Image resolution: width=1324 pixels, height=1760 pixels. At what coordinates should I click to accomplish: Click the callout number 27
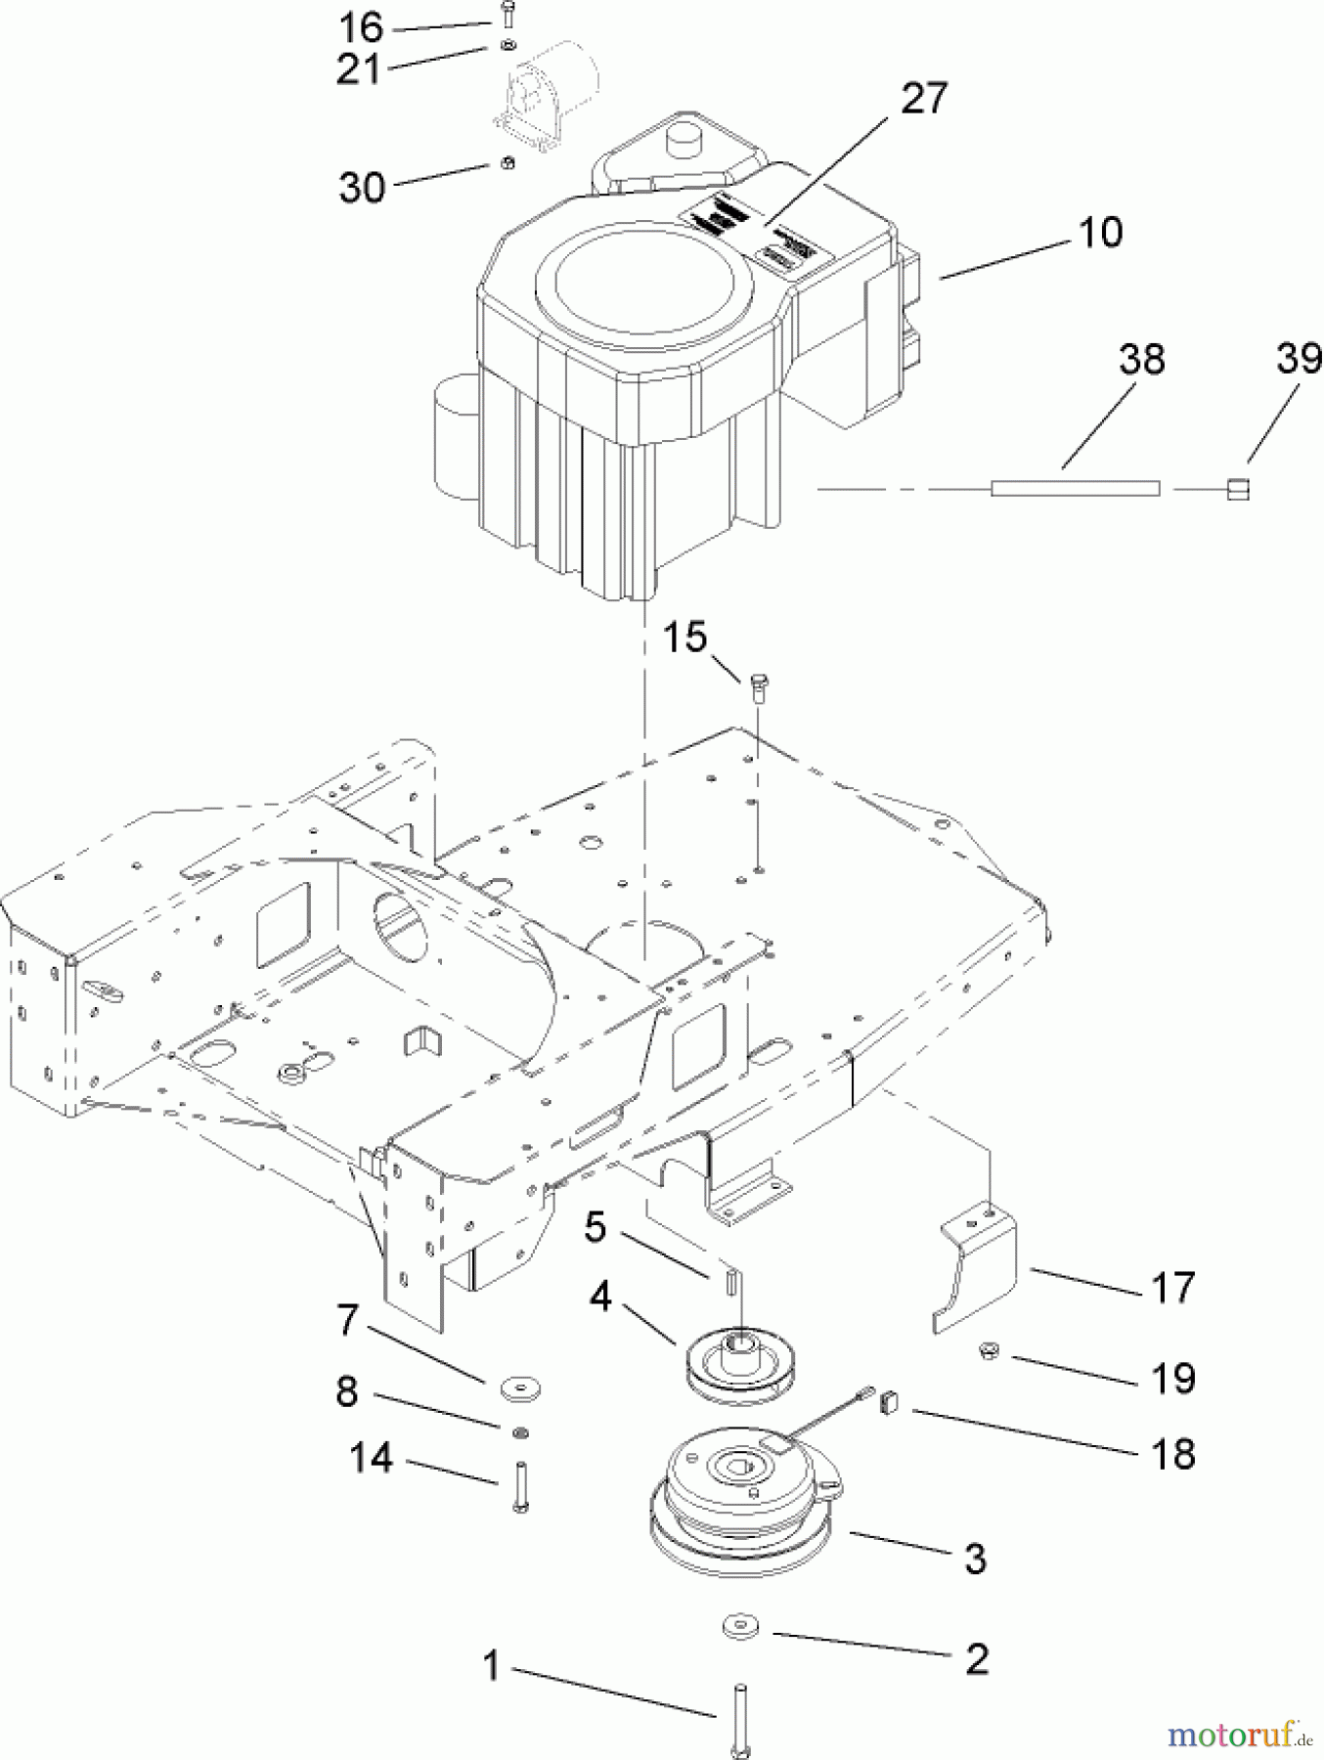point(923,99)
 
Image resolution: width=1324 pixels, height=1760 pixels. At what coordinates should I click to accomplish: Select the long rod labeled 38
point(1076,487)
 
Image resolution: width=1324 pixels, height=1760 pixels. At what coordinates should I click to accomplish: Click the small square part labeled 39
point(1239,488)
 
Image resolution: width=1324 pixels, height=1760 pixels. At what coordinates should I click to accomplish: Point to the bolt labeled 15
point(758,687)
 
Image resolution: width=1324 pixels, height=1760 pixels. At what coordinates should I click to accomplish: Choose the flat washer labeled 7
point(516,1386)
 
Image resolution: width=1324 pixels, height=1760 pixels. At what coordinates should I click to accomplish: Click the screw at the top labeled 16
point(506,16)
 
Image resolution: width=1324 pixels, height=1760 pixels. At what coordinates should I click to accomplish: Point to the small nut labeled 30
point(507,163)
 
